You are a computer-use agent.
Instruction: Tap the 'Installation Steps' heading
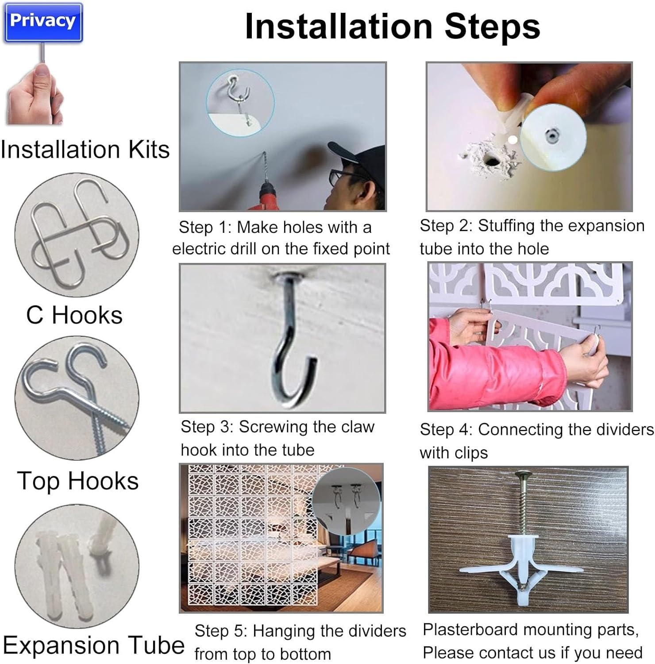[393, 27]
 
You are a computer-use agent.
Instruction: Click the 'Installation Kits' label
[85, 149]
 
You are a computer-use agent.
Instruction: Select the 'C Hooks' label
[74, 315]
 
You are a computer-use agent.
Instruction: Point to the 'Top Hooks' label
[78, 481]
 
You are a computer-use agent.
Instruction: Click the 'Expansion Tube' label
[94, 645]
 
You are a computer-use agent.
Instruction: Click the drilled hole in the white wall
[490, 160]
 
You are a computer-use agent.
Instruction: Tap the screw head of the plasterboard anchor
[525, 475]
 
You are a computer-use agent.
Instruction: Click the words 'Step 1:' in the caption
[205, 228]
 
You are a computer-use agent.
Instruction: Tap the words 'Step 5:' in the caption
[221, 631]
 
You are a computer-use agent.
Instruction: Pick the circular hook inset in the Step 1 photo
[240, 102]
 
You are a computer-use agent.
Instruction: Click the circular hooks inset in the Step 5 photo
[347, 501]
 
